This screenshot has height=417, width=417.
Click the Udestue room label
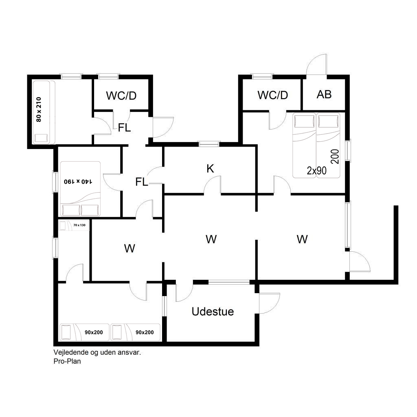click(213, 312)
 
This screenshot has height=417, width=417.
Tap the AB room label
click(324, 94)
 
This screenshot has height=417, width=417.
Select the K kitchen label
click(210, 168)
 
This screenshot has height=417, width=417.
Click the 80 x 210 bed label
click(39, 109)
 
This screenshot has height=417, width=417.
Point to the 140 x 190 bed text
click(78, 181)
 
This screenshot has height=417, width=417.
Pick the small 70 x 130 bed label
click(79, 225)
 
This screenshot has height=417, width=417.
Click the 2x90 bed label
click(316, 171)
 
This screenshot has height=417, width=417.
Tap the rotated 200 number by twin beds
click(335, 156)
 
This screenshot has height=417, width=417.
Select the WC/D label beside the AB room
click(272, 95)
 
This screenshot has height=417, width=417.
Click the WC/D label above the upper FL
click(121, 96)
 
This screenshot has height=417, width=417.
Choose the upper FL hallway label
click(124, 128)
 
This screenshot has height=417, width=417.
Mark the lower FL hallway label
click(141, 182)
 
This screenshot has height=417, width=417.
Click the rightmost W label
click(302, 239)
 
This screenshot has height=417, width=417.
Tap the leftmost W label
click(129, 248)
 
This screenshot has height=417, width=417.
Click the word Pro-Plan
click(67, 361)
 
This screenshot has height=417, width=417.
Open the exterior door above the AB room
click(316, 65)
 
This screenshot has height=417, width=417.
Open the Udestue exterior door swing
click(269, 303)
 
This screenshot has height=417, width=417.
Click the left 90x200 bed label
click(94, 332)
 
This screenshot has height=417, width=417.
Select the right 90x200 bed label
click(145, 332)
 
